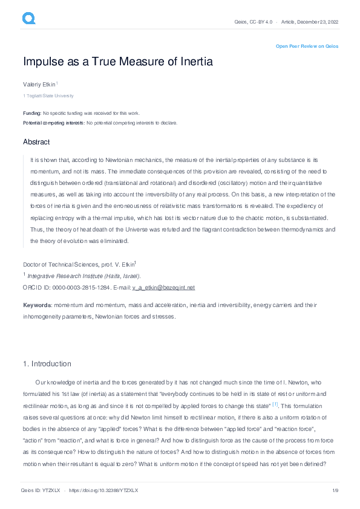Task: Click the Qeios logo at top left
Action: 28,19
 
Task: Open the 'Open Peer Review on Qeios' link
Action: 307,46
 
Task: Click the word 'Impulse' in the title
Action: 46,62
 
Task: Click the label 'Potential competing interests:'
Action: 54,123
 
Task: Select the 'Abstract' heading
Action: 36,142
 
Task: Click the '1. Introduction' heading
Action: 47,364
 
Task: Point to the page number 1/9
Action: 335,490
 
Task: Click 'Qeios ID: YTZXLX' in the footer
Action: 41,490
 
